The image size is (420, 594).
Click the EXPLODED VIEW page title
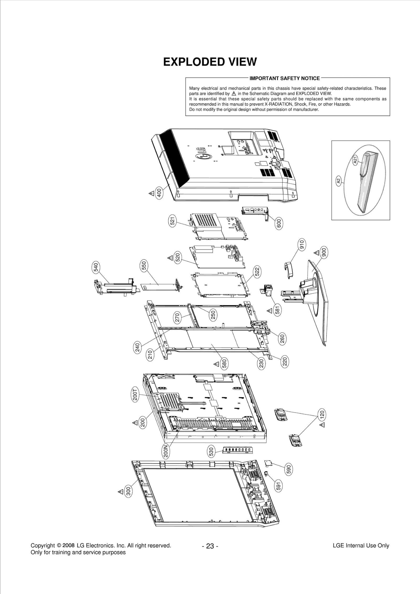(x=210, y=62)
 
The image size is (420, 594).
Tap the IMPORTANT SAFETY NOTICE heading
(x=285, y=78)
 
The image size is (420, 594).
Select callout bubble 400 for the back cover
(x=159, y=193)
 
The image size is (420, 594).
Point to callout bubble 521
(x=172, y=221)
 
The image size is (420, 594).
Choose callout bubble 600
(x=279, y=223)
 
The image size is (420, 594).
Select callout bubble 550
(x=144, y=266)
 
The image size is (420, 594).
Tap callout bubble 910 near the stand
(x=302, y=245)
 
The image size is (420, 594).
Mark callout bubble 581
(x=278, y=310)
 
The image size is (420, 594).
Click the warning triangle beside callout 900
(x=317, y=253)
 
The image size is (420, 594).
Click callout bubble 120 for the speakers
(x=322, y=415)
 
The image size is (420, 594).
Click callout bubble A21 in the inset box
(x=355, y=160)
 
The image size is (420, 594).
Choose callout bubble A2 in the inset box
(x=339, y=181)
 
